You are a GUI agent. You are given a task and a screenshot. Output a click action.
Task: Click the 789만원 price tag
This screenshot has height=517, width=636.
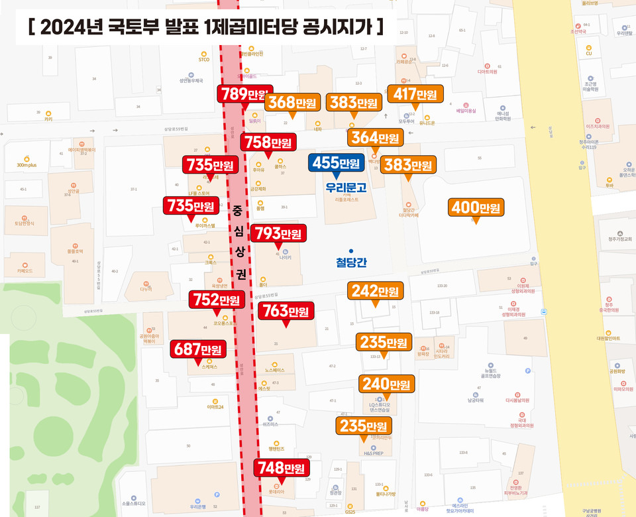point(244,94)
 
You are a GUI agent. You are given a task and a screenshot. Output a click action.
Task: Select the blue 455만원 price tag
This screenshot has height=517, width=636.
point(336,163)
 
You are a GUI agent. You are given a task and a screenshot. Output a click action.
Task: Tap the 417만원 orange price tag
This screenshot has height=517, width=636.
point(415,95)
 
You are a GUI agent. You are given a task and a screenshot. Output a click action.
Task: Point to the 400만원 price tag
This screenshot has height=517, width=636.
point(476,207)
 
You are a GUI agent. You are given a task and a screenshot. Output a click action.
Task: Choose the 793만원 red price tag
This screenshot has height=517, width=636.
point(278,233)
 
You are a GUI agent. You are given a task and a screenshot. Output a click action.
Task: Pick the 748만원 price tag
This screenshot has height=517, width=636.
point(282,469)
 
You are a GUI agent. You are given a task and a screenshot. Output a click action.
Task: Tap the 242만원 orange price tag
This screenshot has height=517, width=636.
point(375,291)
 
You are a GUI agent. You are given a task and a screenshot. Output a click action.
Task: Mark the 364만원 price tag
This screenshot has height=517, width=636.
point(375,137)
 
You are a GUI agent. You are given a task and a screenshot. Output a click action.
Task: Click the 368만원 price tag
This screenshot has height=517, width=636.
point(291,103)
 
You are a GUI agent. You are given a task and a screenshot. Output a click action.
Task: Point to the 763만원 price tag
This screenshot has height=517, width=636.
point(286,310)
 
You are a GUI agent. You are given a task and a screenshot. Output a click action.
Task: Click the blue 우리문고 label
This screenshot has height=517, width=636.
point(346,187)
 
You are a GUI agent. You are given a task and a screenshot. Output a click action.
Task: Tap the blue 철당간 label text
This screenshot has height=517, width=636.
point(351,262)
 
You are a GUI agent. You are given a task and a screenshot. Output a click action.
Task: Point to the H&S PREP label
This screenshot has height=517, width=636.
point(373,454)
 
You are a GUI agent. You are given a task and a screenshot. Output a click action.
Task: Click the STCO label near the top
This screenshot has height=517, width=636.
point(203,60)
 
